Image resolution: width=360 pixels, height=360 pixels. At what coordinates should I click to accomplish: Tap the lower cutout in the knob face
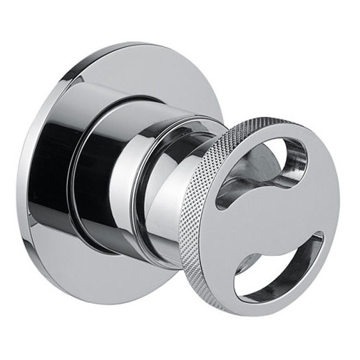coord(285,265)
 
